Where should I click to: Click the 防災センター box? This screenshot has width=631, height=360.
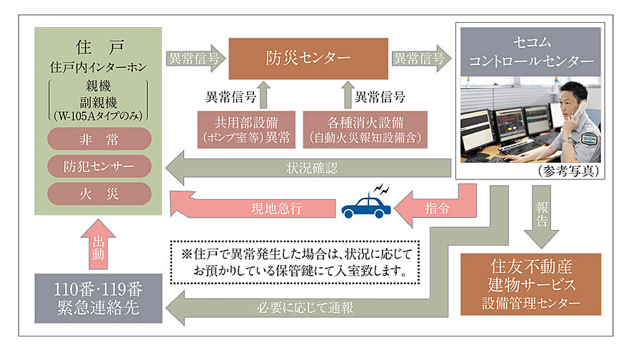pyautogui.click(x=308, y=59)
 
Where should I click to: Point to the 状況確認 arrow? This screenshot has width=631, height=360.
pyautogui.click(x=307, y=169)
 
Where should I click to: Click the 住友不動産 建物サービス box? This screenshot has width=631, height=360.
pyautogui.click(x=530, y=284)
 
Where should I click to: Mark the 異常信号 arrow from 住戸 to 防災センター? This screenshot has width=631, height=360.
pyautogui.click(x=195, y=59)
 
